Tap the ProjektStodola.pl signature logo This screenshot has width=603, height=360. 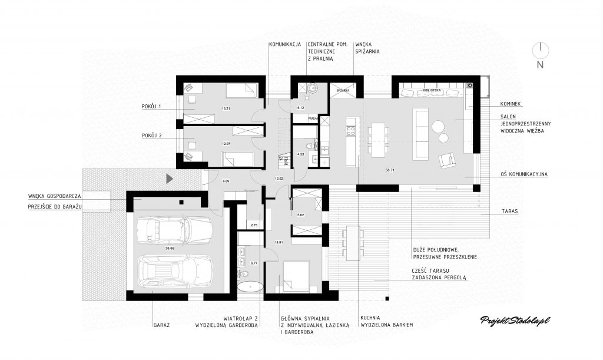pos(515,320)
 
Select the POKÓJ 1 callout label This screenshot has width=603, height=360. pos(152,106)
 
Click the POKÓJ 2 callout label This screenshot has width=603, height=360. pos(152,136)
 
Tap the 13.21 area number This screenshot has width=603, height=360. pos(224,108)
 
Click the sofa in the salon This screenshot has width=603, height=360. pos(422,134)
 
